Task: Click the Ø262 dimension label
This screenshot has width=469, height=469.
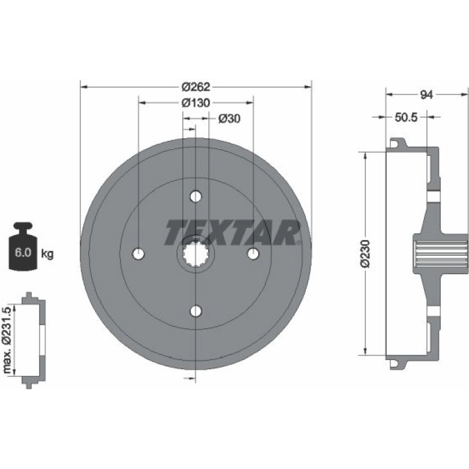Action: pyautogui.click(x=196, y=87)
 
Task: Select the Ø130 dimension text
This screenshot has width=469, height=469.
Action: pyautogui.click(x=196, y=103)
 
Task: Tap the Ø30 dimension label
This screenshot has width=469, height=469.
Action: pyautogui.click(x=230, y=119)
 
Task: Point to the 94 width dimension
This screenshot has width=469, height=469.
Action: pyautogui.click(x=426, y=95)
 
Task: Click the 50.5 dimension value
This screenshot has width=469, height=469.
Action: pyautogui.click(x=406, y=117)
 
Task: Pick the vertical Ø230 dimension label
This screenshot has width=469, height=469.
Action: pyautogui.click(x=365, y=253)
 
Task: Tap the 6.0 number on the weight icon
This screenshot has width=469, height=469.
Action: pyautogui.click(x=23, y=253)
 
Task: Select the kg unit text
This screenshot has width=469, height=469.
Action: pyautogui.click(x=47, y=254)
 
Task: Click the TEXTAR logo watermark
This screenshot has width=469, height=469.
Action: pyautogui.click(x=233, y=233)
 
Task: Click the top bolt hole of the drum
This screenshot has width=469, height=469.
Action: pyautogui.click(x=196, y=197)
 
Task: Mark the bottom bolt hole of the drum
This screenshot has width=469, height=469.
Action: pyautogui.click(x=196, y=311)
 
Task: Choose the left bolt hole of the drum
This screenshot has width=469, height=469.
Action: pyautogui.click(x=138, y=254)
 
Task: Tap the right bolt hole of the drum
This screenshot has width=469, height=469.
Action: pyautogui.click(x=253, y=253)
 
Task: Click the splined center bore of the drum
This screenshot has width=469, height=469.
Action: pyautogui.click(x=196, y=254)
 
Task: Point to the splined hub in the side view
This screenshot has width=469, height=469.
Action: pyautogui.click(x=440, y=253)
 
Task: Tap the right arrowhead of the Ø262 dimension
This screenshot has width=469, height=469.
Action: pyautogui.click(x=308, y=87)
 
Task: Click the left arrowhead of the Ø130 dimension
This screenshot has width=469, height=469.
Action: pyautogui.click(x=143, y=103)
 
